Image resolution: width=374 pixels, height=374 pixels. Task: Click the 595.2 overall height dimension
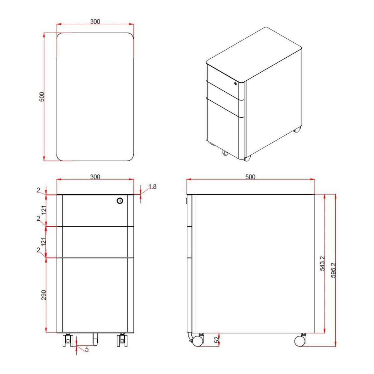333,270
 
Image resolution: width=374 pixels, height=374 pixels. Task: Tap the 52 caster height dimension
217,339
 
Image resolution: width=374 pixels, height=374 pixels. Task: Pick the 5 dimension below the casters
87,355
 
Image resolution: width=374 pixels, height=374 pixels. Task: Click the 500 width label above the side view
250,177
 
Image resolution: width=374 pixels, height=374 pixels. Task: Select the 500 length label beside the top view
42,97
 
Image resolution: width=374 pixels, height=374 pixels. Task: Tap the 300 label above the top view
95,22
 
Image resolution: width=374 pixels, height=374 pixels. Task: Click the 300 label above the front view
95,177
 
